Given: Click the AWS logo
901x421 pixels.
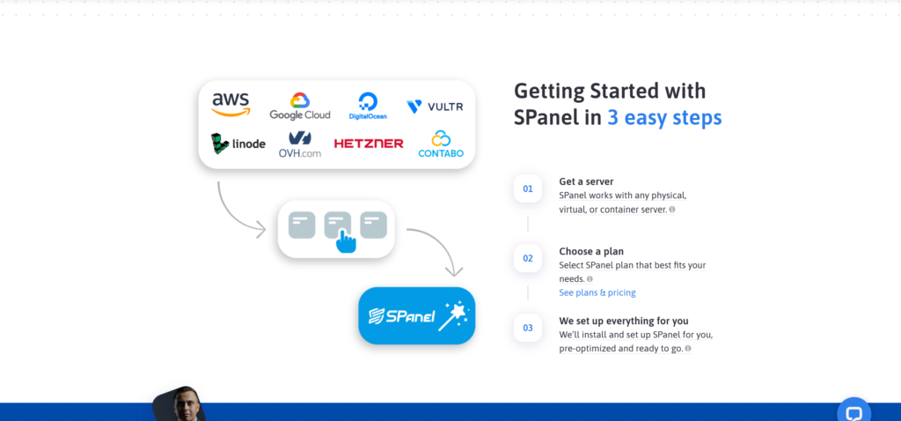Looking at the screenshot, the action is click(x=231, y=105).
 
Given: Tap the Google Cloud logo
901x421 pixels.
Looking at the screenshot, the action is click(x=300, y=107).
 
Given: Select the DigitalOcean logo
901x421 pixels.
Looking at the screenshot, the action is click(x=368, y=107).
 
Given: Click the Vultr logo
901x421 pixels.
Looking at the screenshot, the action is click(x=435, y=107).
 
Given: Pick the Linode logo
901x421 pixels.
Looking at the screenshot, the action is click(x=238, y=144).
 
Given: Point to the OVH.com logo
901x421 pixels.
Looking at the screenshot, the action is click(x=300, y=144).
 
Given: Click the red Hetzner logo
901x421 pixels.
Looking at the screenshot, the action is click(x=369, y=144).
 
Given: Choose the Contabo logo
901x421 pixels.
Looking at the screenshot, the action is click(x=441, y=144).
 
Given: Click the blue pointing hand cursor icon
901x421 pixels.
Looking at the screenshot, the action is click(x=345, y=241).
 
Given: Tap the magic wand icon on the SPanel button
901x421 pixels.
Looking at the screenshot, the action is click(x=453, y=316).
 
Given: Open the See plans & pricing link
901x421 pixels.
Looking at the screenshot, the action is click(x=597, y=292).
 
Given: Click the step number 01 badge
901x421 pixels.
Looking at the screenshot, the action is click(x=528, y=188).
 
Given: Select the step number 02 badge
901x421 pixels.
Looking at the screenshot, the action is click(x=528, y=258).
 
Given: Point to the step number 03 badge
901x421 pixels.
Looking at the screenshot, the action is click(x=528, y=328).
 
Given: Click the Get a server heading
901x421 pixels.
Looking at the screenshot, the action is click(x=586, y=181).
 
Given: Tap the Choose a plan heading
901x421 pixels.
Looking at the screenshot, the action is click(x=591, y=251).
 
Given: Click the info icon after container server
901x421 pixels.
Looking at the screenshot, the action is click(x=672, y=210).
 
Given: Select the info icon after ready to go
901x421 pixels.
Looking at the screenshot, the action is click(x=688, y=349).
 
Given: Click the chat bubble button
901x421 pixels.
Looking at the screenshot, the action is click(x=853, y=412).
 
